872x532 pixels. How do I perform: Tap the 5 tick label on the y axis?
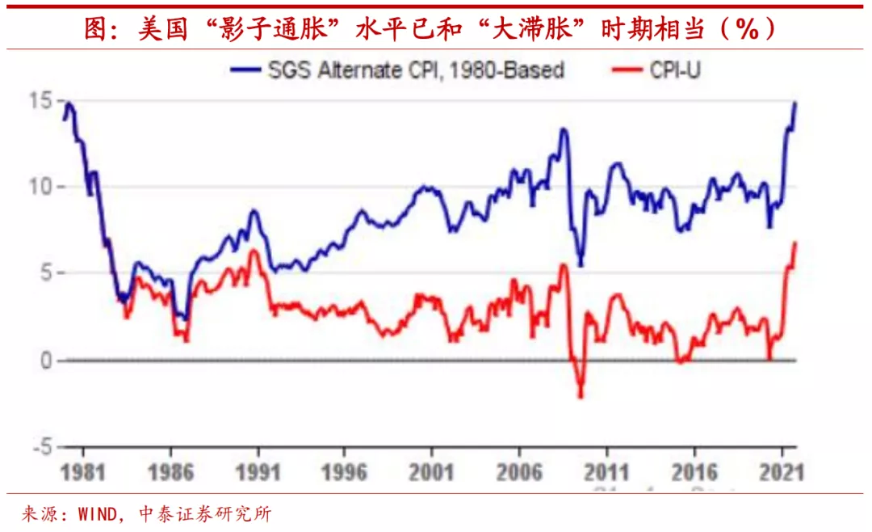(x=47, y=273)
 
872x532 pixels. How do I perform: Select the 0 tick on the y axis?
(x=47, y=361)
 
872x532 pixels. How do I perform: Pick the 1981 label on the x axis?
(x=83, y=473)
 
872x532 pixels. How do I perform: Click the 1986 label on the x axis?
(x=170, y=473)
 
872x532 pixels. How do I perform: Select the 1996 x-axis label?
(x=344, y=473)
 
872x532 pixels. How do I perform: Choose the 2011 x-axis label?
(x=606, y=473)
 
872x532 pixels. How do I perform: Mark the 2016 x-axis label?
(x=694, y=473)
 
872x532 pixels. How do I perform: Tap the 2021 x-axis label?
(x=781, y=473)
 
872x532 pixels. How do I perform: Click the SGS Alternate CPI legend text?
(x=416, y=70)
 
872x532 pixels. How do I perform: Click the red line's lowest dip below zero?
(x=580, y=396)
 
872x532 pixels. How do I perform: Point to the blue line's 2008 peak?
(x=564, y=129)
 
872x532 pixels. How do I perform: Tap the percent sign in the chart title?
(x=747, y=29)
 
